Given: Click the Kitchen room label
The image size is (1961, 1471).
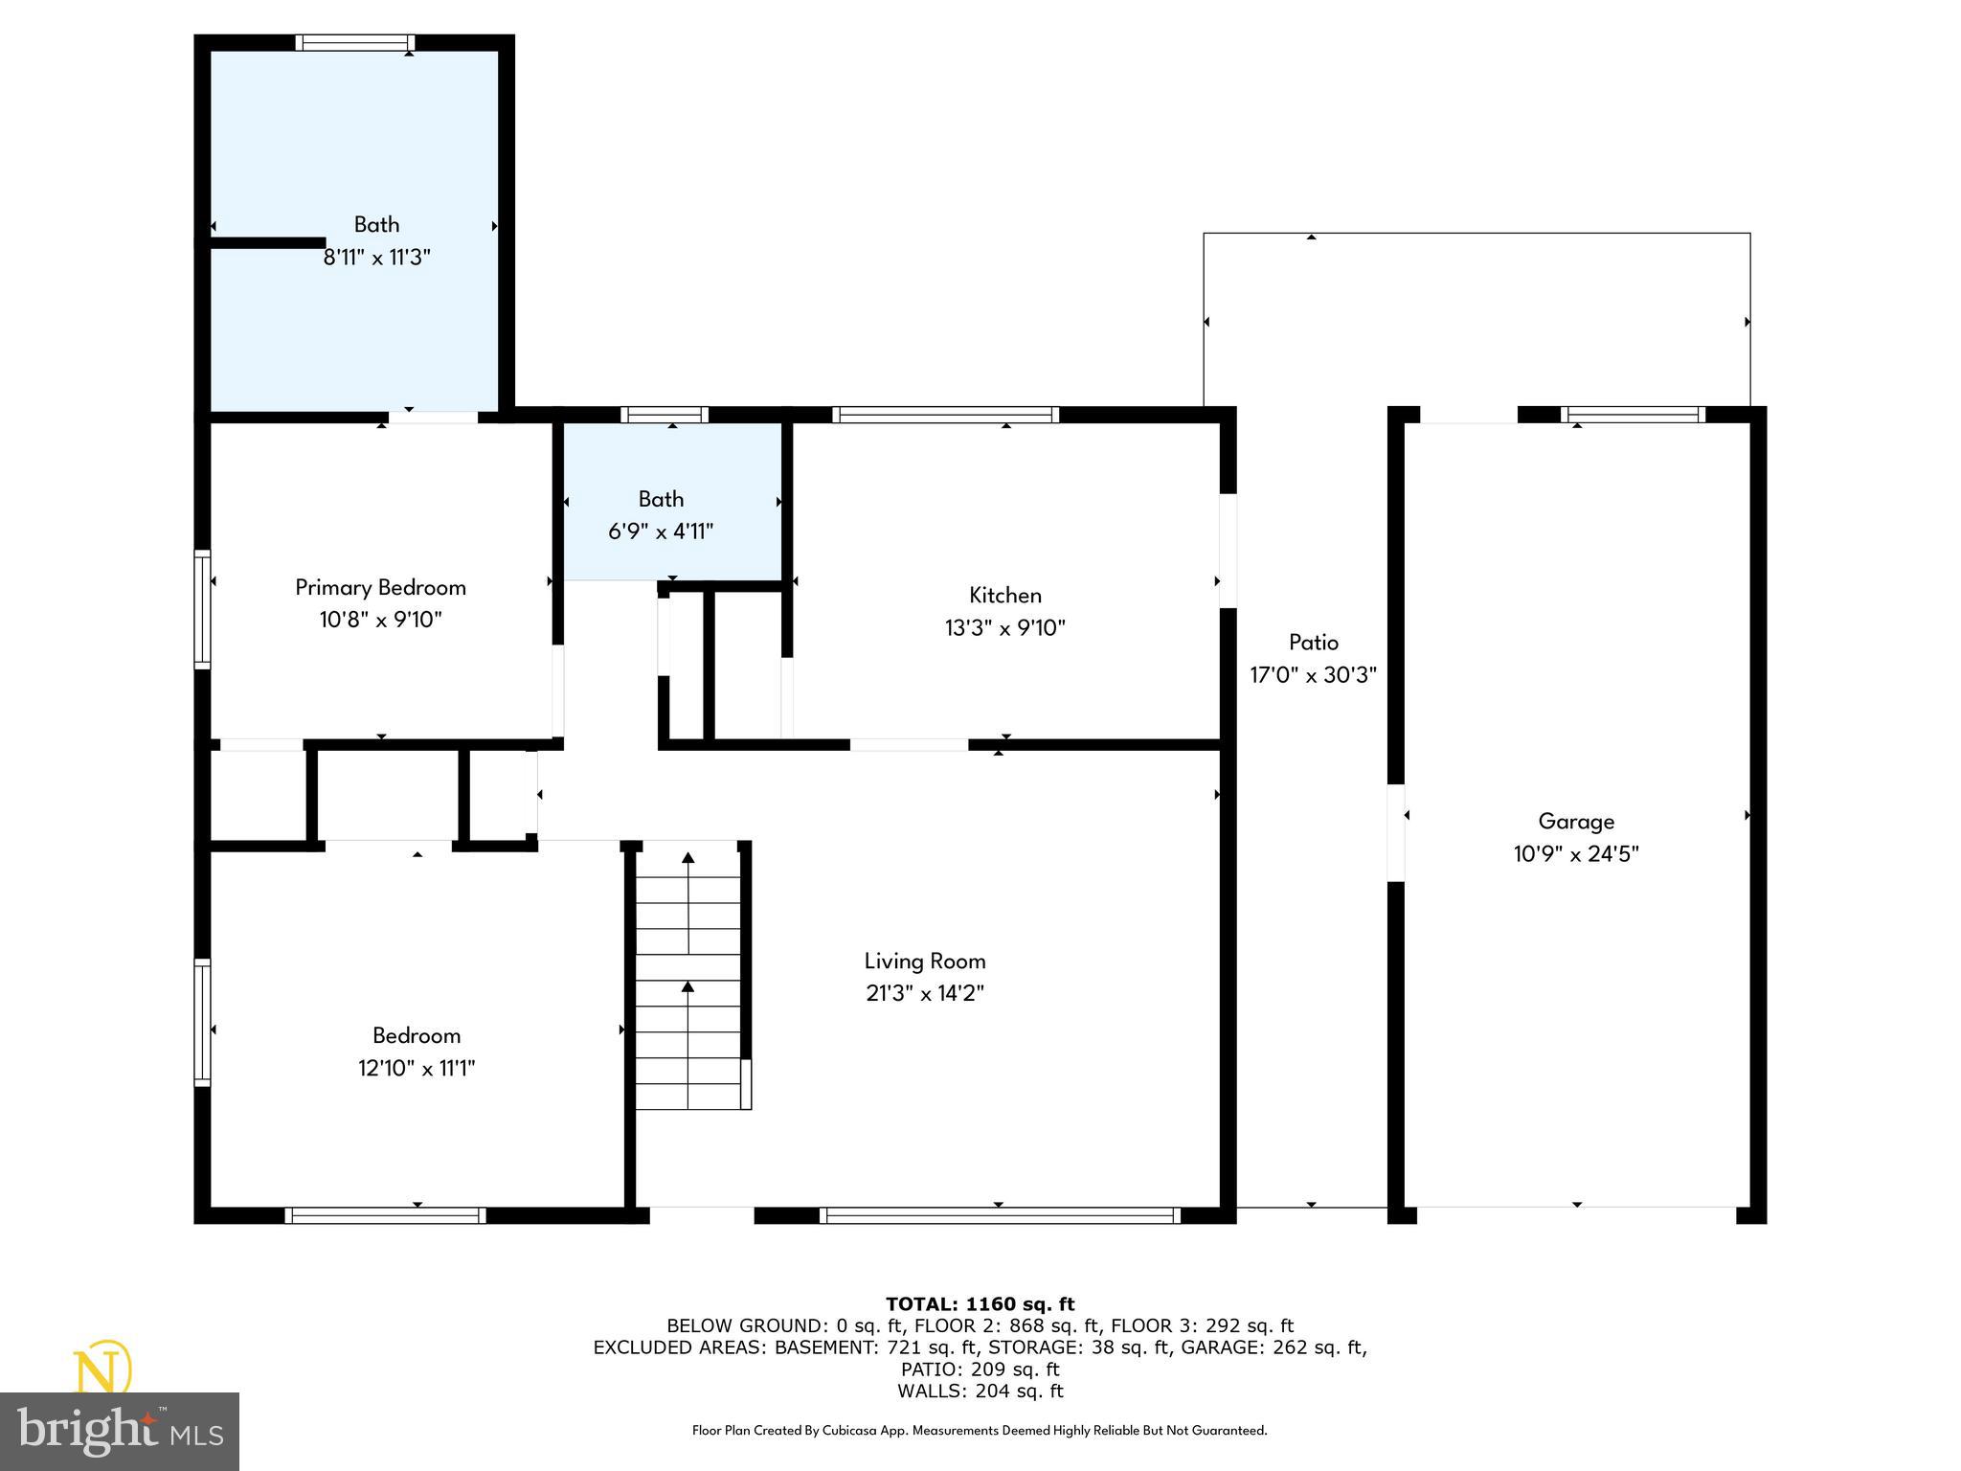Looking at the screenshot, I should click(x=1004, y=595).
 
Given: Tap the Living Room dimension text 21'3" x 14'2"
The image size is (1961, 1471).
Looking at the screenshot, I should click(x=924, y=993).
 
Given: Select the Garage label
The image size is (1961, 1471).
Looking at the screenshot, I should click(x=1575, y=821).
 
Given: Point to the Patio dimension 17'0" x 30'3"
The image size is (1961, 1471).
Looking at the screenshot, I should click(x=1313, y=675).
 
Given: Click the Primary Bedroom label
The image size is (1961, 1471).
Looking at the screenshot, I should click(x=380, y=587).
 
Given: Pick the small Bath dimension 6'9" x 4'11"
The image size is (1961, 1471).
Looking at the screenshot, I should click(x=661, y=532).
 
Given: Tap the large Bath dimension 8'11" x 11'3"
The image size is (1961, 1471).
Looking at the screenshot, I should click(x=377, y=258).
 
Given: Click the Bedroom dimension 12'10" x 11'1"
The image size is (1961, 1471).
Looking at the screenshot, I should click(x=417, y=1068).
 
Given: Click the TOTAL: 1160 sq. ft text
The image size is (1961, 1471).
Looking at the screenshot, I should click(x=980, y=1303).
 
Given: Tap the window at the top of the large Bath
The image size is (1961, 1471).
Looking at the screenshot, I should click(x=354, y=42).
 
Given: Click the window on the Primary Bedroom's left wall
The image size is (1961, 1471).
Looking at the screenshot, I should click(x=202, y=609).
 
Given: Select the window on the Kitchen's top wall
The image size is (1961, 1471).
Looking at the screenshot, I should click(x=945, y=415).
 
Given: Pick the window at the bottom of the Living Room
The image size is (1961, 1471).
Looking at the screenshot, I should click(x=1000, y=1215).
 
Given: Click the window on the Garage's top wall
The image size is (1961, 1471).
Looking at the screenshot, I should click(x=1633, y=415).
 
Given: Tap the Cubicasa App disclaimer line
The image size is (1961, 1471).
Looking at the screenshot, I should click(x=980, y=1431).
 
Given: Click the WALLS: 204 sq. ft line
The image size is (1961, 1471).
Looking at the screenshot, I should click(x=980, y=1392).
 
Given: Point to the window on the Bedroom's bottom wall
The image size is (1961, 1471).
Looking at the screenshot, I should click(x=385, y=1215).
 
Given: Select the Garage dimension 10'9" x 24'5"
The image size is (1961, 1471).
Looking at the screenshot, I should click(x=1575, y=853).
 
